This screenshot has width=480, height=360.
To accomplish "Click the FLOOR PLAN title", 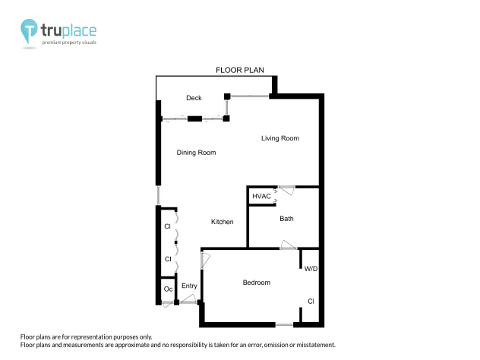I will tap(239, 70).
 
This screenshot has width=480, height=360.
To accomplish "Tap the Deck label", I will tap(194, 98).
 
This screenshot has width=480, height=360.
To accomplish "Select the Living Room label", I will tap(280, 138).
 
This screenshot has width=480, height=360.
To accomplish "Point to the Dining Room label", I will tap(196, 153).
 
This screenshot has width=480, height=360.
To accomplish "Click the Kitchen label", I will tap(222, 222).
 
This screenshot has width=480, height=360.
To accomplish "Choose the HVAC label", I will tap(262, 196).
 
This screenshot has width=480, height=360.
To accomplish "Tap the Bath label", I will tap(286, 219).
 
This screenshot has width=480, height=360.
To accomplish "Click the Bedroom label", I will tap(256, 283).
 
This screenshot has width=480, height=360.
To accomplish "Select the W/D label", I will tap(311, 269).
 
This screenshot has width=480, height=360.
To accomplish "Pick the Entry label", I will tap(189, 286).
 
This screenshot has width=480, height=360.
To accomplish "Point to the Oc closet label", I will tap(168, 289).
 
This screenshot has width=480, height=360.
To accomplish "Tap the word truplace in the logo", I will tap(68, 31).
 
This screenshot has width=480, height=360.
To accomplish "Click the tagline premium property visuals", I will tap(69, 43).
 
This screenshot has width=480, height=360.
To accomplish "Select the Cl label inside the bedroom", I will tap(311, 302).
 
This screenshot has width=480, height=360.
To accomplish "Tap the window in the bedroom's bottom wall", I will tap(284, 325).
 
